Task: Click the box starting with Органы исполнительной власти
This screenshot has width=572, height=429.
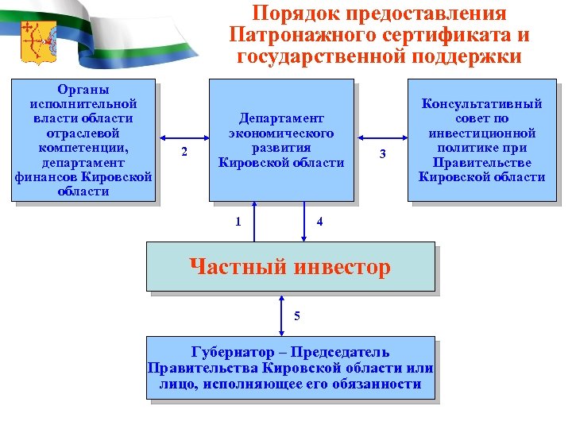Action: (x=83, y=141)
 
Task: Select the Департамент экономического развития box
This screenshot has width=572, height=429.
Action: (x=280, y=140)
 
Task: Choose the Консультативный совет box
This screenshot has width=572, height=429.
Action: (x=481, y=140)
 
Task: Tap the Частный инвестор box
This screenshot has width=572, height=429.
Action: (x=290, y=267)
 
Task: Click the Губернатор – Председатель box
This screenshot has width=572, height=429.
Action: (x=291, y=368)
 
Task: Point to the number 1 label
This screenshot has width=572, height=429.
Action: (x=238, y=221)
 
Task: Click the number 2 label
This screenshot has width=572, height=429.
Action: (x=184, y=152)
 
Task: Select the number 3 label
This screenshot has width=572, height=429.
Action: (x=382, y=153)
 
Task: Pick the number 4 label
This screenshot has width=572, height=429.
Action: (x=319, y=221)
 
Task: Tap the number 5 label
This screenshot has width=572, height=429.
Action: (x=297, y=316)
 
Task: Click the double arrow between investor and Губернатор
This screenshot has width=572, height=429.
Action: (x=280, y=315)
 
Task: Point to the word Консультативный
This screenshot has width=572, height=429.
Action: (x=482, y=103)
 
